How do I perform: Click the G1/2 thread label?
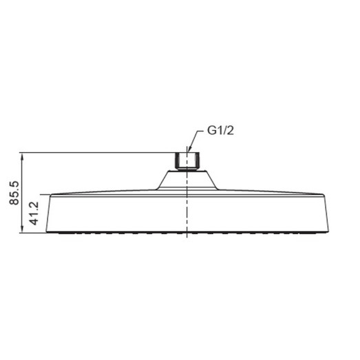220,131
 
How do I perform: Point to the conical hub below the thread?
187,180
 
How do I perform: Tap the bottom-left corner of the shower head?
46,232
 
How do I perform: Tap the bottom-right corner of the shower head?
328,232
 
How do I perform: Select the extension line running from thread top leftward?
96,152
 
